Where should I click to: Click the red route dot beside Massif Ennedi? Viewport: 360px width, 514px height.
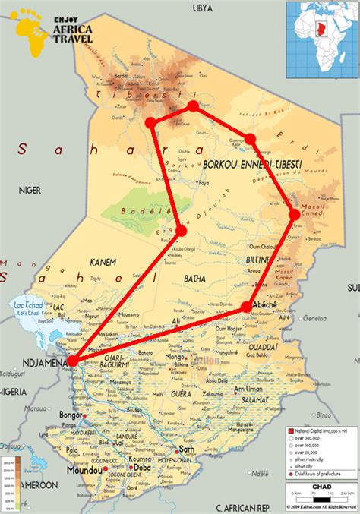[295, 215]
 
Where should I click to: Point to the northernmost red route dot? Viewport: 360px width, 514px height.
[193, 106]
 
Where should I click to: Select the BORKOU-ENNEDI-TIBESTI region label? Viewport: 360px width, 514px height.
[253, 164]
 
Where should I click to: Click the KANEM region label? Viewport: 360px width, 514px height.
[103, 262]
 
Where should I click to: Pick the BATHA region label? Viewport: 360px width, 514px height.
[194, 279]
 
